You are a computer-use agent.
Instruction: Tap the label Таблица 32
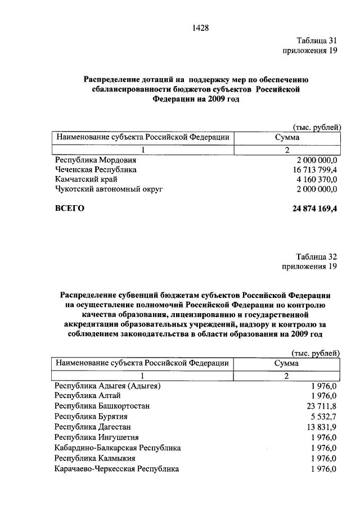316,256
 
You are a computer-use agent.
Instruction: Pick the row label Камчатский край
85,179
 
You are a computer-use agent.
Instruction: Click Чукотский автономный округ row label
109,189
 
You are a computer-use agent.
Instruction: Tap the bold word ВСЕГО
70,209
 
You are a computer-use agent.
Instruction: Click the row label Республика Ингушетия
96,437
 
